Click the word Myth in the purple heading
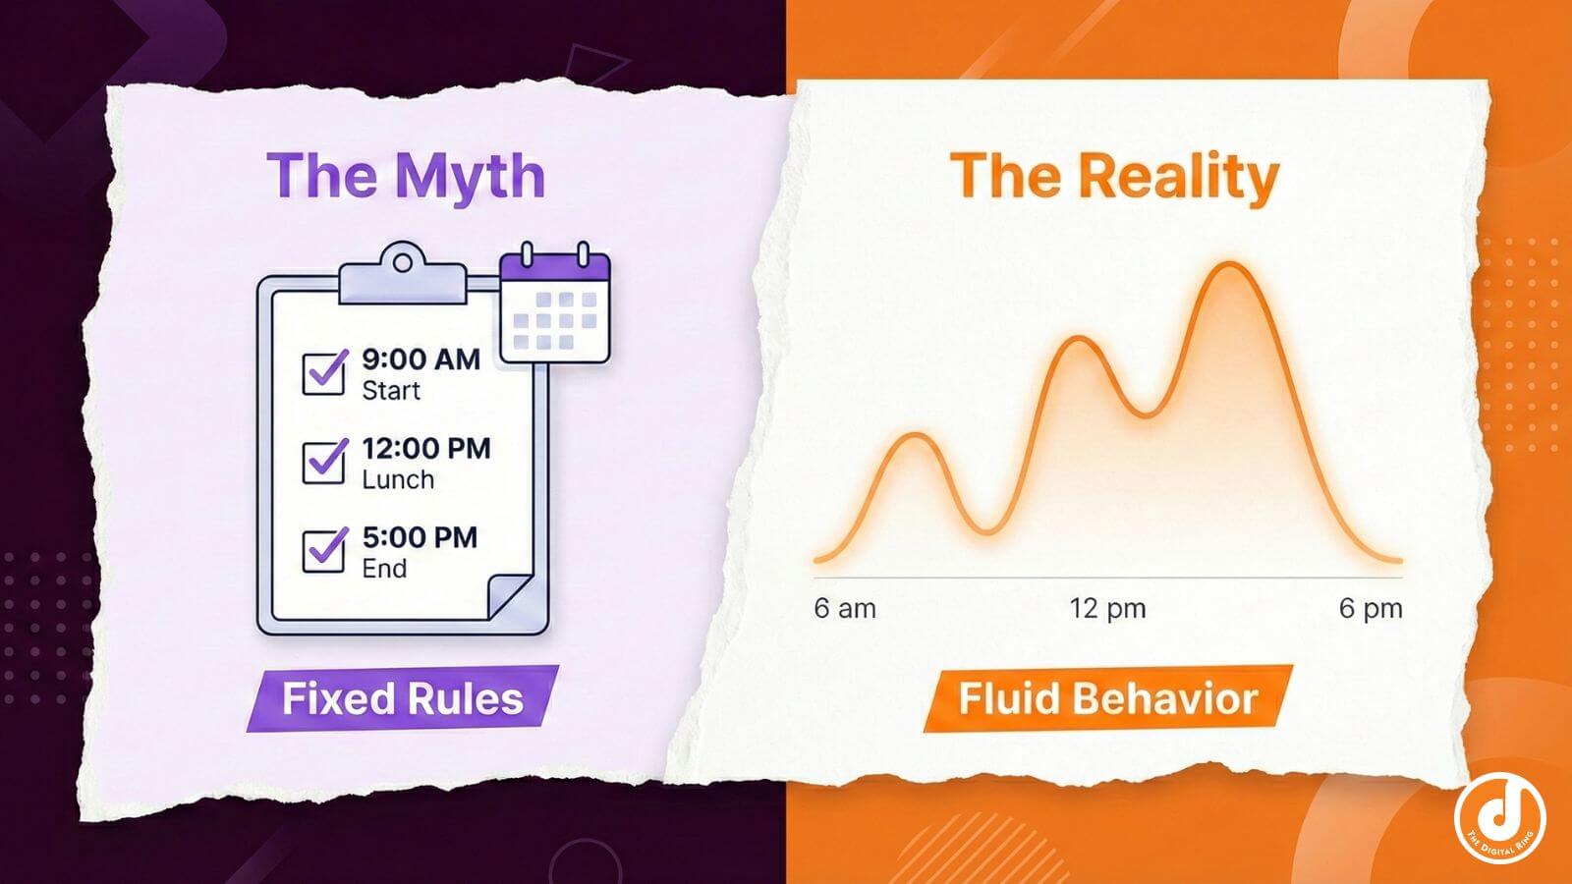tap(470, 177)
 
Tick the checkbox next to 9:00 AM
tap(323, 372)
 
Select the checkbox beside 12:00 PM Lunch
tap(323, 461)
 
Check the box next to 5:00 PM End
tap(323, 550)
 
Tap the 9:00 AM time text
tap(421, 359)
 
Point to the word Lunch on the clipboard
tap(398, 479)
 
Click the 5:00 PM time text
tap(420, 537)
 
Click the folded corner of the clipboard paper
tap(513, 596)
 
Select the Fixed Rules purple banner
tap(402, 699)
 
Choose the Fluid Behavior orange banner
tap(1107, 699)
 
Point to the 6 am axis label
tap(844, 609)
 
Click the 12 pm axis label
tap(1107, 609)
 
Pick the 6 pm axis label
tap(1370, 609)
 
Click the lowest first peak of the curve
tap(916, 435)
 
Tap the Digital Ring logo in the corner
tap(1499, 818)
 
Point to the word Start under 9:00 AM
tap(390, 391)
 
